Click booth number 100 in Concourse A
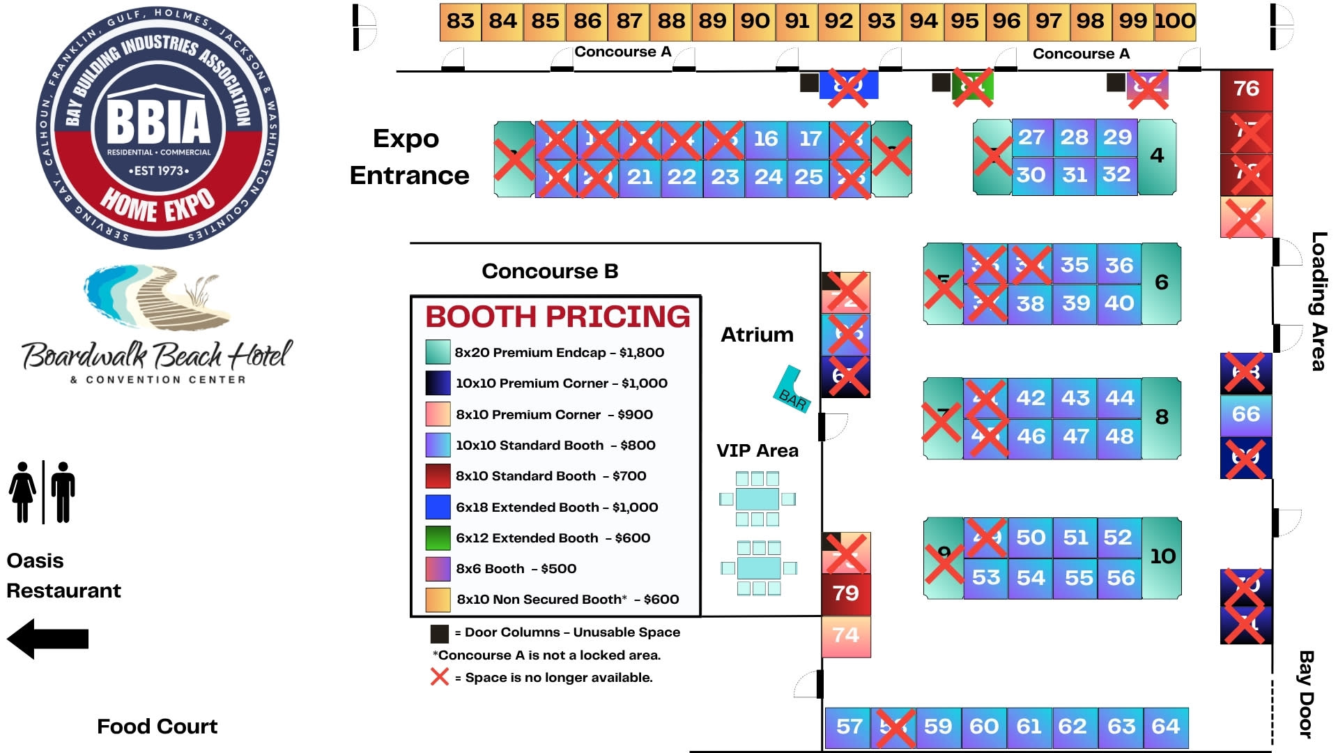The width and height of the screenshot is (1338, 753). pyautogui.click(x=1176, y=21)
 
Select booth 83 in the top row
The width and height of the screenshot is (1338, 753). pyautogui.click(x=460, y=21)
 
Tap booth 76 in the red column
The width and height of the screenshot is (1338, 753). pyautogui.click(x=1246, y=89)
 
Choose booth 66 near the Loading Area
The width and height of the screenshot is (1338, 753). pyautogui.click(x=1246, y=414)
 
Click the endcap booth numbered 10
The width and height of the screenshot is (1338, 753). pyautogui.click(x=1162, y=556)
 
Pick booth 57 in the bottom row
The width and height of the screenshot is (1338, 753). pyautogui.click(x=849, y=727)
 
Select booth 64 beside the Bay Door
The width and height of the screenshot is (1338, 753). pyautogui.click(x=1166, y=727)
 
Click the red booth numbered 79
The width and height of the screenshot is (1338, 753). pyautogui.click(x=846, y=593)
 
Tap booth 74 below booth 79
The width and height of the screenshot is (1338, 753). pyautogui.click(x=846, y=635)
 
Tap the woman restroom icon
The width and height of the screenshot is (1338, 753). pyautogui.click(x=23, y=492)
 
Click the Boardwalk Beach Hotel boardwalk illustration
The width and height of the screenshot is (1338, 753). pyautogui.click(x=157, y=296)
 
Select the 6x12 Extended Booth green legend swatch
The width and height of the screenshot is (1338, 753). pyautogui.click(x=438, y=538)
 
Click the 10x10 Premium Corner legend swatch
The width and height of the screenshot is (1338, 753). pyautogui.click(x=438, y=383)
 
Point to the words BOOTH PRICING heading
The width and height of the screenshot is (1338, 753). pyautogui.click(x=557, y=317)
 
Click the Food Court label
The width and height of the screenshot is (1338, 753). pyautogui.click(x=157, y=727)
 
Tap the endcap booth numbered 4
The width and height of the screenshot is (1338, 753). pyautogui.click(x=1157, y=155)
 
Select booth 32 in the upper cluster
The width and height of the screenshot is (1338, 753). pyautogui.click(x=1116, y=174)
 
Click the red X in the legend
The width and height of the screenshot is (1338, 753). pyautogui.click(x=440, y=677)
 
